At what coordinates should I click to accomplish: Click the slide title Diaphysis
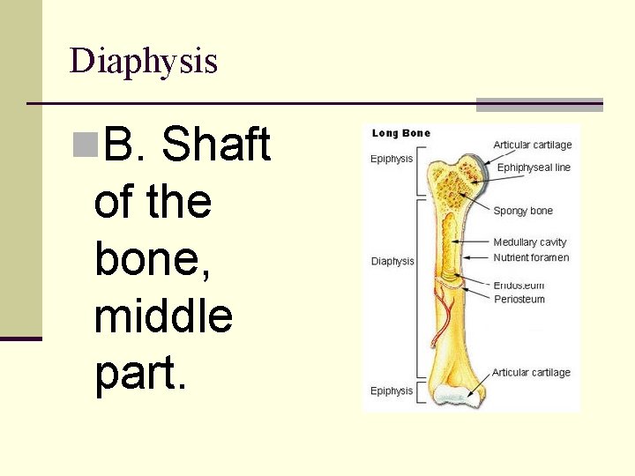(x=143, y=62)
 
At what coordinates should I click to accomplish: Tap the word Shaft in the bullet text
(x=216, y=145)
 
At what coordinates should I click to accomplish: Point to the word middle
(x=163, y=316)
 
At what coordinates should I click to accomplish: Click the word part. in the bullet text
(x=140, y=374)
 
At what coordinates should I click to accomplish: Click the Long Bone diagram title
(x=401, y=133)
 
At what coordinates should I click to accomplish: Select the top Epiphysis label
(x=392, y=160)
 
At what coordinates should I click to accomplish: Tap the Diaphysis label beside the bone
(x=392, y=261)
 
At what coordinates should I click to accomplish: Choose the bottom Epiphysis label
(x=392, y=390)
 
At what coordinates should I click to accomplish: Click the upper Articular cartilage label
(x=532, y=145)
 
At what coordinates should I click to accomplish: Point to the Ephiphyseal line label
(x=534, y=167)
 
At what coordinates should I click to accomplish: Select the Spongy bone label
(x=523, y=211)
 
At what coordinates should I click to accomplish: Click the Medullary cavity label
(x=530, y=242)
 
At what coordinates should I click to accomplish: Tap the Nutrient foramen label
(x=531, y=257)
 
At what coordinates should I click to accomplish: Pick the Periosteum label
(x=519, y=299)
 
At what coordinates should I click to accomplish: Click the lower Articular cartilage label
(x=531, y=373)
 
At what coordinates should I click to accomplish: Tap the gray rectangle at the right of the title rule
(x=539, y=104)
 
